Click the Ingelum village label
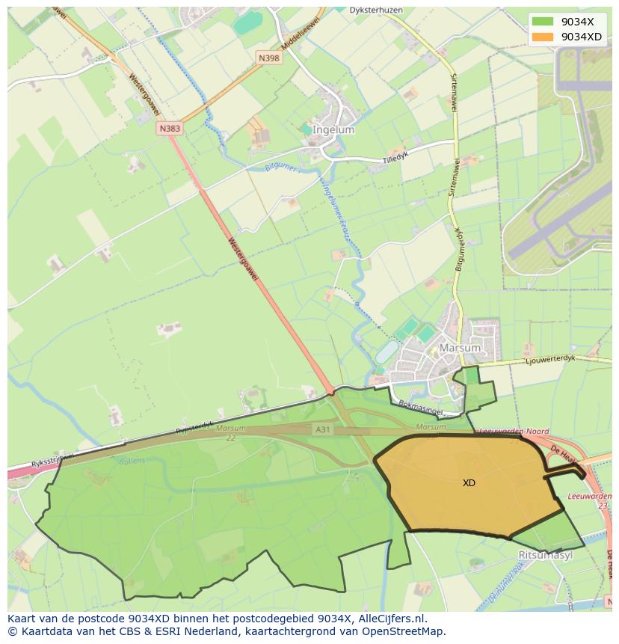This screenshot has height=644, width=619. pos(333,129)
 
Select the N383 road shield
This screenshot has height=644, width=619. pos(170,129)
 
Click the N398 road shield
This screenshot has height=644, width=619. pos(270,58)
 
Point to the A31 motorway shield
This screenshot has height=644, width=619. pos(322,429)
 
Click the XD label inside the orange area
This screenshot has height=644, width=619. pos(469,483)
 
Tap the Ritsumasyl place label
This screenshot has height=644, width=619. pos(544,555)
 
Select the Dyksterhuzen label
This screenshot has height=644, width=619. pos(378,10)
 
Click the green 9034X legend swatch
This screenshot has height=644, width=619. pos(543,22)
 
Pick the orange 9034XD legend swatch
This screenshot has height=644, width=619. pos(543,37)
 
